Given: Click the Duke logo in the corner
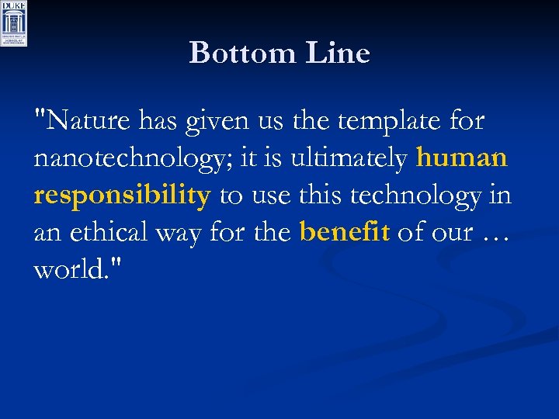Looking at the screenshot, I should coord(14,23).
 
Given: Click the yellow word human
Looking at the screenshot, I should coord(461,158).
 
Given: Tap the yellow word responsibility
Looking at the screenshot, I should coord(122,196).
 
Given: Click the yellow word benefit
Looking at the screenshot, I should coord(344,232).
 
